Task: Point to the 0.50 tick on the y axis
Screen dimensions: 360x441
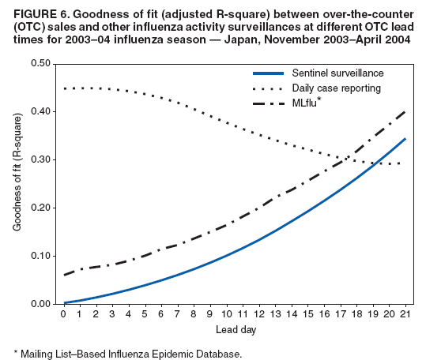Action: coord(41,63)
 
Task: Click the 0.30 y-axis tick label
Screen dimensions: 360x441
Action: coord(41,159)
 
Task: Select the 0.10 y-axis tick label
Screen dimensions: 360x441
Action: coord(41,256)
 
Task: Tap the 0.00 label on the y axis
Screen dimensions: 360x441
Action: coord(41,304)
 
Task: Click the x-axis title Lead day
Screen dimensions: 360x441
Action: coord(235,328)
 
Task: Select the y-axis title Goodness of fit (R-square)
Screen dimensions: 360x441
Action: coord(17,183)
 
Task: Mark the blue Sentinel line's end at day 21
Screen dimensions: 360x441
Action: coord(405,139)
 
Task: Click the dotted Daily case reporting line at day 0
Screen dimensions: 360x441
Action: coord(65,88)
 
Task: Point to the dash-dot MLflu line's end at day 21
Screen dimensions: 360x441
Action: coord(405,111)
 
